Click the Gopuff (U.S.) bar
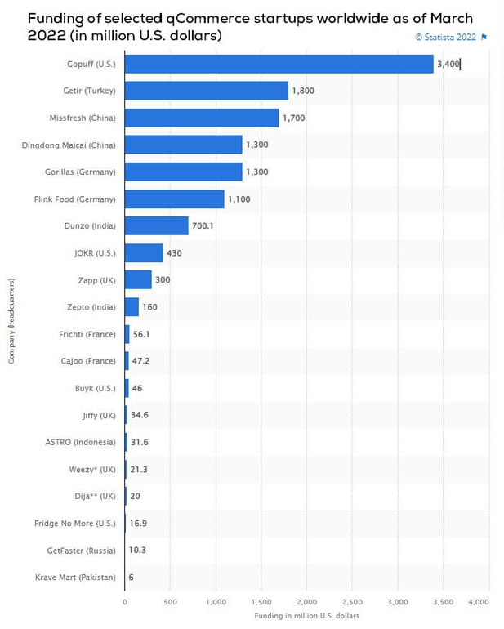279,64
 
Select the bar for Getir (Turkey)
207,91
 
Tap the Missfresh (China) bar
202,118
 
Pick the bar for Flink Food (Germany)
175,199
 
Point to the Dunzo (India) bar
157,225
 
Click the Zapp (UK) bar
138,279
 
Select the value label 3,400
448,64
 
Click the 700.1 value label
202,225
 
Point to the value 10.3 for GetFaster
137,550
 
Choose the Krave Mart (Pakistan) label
75,578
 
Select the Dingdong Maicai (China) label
69,145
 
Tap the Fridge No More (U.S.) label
74,523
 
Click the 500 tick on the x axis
170,601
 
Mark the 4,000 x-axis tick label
478,601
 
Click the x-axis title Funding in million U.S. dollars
306,615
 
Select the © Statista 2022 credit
445,37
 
